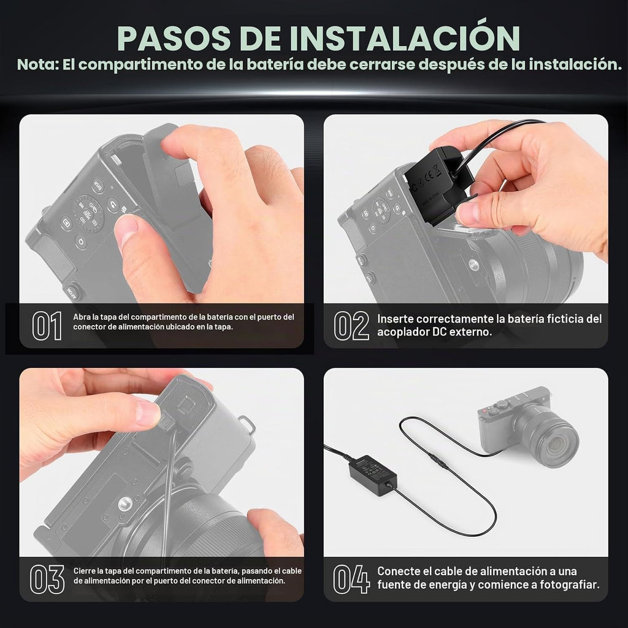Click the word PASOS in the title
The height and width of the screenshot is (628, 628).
tap(174, 39)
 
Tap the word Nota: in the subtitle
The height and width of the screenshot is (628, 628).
tap(38, 64)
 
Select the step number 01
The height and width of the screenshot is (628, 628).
tap(47, 326)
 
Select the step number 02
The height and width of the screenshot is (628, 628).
tap(351, 326)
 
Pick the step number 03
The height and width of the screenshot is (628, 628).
tap(47, 579)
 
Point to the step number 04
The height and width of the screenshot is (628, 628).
tap(351, 579)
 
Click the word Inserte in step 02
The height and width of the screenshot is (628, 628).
tap(395, 319)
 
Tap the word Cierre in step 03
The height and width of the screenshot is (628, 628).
tap(83, 571)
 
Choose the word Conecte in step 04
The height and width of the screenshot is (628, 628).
tap(397, 571)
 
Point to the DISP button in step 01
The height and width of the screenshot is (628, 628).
tap(98, 185)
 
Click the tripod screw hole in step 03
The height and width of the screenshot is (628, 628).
tap(126, 503)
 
